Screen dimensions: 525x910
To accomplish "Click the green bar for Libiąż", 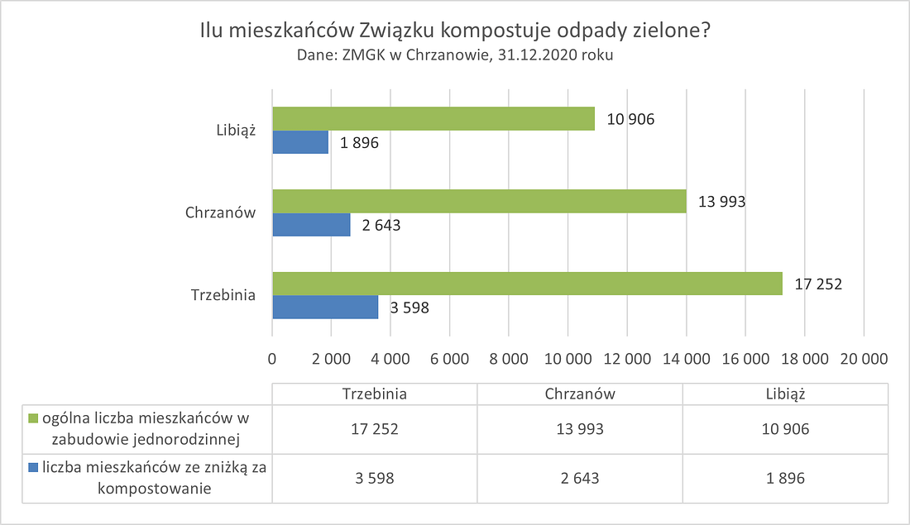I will pos(433,119).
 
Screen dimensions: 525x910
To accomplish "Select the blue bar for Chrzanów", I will pos(311,225).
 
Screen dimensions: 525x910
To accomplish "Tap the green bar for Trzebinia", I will pos(527,284).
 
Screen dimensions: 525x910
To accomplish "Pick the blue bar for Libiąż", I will pos(300,142).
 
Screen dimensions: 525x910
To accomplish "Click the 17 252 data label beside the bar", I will pos(817,284).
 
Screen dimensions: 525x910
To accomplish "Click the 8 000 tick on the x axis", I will pos(509,359).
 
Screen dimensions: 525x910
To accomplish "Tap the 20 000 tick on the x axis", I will pos(864,359).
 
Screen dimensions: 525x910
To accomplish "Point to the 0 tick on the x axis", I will pos(272,359).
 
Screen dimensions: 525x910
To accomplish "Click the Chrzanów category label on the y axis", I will pos(220,212).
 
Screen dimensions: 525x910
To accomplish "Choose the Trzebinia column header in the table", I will pos(375,394).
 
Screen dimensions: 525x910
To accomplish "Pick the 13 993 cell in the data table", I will pos(580,429).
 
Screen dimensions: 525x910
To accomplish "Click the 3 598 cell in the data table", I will pos(375,478).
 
